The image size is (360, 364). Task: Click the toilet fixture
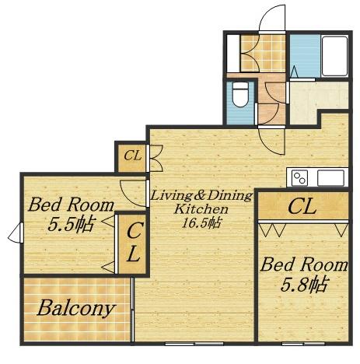tap(239, 95)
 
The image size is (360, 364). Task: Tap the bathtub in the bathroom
tap(335, 56)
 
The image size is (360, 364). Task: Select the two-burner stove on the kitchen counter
tap(299, 178)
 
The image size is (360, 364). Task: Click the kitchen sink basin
tap(331, 178)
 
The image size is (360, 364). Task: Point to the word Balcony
tap(76, 309)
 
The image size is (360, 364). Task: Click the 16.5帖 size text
tap(201, 223)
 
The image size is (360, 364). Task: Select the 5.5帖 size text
tap(71, 224)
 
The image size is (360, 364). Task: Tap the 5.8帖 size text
tap(303, 285)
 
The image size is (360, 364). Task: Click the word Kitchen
tap(201, 209)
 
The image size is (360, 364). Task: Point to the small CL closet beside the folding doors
tap(133, 156)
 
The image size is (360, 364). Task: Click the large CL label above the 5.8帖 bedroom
tap(302, 207)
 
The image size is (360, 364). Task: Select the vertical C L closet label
tap(134, 242)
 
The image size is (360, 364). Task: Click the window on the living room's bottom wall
tap(194, 344)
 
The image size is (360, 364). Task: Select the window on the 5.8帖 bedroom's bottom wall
tap(303, 344)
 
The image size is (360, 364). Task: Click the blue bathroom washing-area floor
tap(306, 56)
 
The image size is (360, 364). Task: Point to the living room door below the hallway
tap(271, 141)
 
